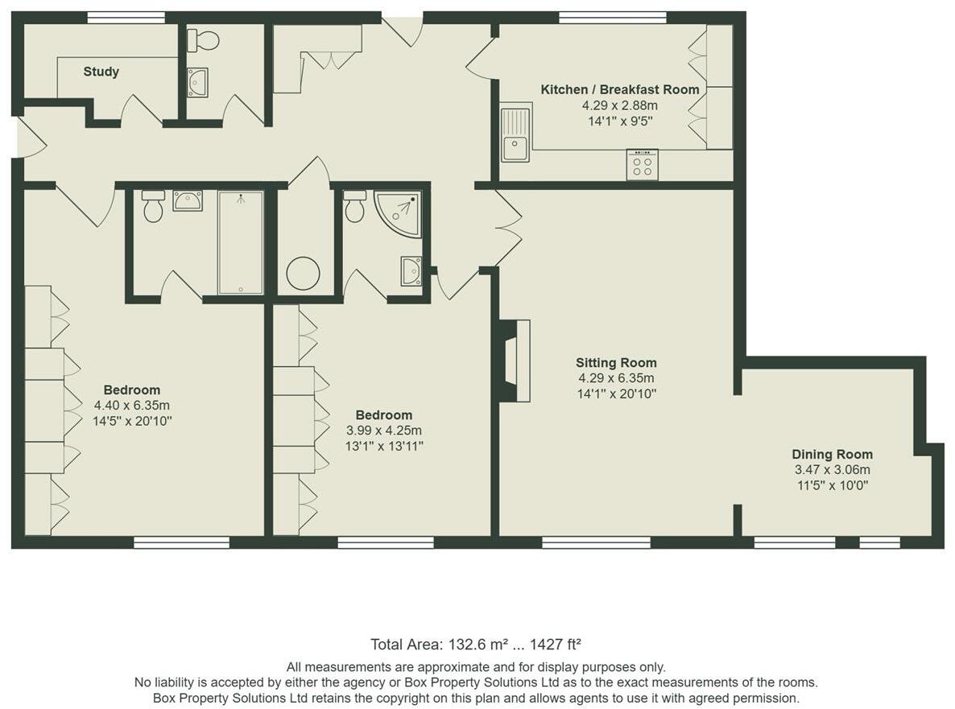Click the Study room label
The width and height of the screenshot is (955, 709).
tap(101, 72)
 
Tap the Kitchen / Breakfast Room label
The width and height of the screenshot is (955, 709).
tap(619, 89)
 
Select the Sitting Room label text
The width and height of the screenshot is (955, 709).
tap(616, 363)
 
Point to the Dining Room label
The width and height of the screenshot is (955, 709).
tap(832, 455)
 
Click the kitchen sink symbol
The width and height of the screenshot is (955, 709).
tap(515, 133)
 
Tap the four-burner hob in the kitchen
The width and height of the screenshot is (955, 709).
tap(642, 165)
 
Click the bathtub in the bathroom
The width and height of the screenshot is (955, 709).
tap(240, 242)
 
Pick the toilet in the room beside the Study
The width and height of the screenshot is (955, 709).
tap(205, 40)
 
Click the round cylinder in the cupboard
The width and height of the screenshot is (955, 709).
tap(303, 274)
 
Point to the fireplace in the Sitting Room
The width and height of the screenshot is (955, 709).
tap(516, 361)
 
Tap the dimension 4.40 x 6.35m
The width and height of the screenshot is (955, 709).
tap(132, 406)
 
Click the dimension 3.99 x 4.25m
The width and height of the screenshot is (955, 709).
tap(384, 431)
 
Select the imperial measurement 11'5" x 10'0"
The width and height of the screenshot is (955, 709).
tap(832, 485)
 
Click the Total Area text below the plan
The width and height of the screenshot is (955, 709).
tap(476, 644)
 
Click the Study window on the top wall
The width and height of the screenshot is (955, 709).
tap(126, 17)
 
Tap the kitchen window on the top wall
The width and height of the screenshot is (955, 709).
tap(613, 17)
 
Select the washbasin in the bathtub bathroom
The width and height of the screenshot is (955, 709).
tap(188, 200)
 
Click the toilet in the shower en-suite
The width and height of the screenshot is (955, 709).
tap(353, 207)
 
